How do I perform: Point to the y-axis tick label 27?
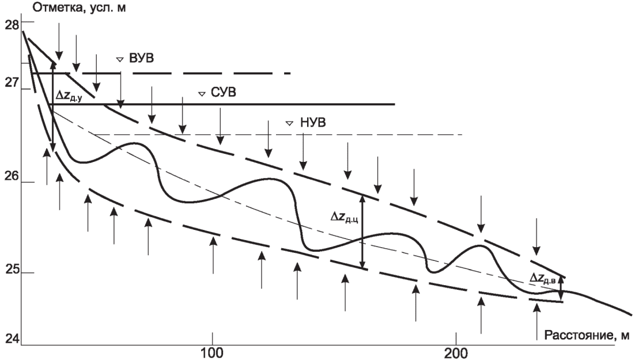click(12, 83)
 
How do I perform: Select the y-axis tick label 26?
click(12, 176)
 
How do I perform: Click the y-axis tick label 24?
click(12, 339)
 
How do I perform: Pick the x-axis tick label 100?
click(212, 353)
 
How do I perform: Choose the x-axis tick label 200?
click(456, 353)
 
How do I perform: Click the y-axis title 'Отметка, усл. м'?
click(79, 7)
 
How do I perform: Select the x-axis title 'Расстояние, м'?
click(587, 335)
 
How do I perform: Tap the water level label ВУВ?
click(142, 58)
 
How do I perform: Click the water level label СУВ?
click(224, 93)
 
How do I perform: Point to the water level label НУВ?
click(313, 122)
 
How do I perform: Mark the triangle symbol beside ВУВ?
click(119, 59)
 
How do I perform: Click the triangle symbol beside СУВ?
click(202, 94)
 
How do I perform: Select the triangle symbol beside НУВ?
click(289, 123)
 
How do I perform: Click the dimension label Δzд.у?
click(69, 96)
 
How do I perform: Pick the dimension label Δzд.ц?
click(344, 218)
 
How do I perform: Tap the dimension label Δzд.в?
click(542, 278)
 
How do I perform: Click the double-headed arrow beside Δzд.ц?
click(362, 231)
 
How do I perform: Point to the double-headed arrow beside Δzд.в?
click(561, 288)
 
